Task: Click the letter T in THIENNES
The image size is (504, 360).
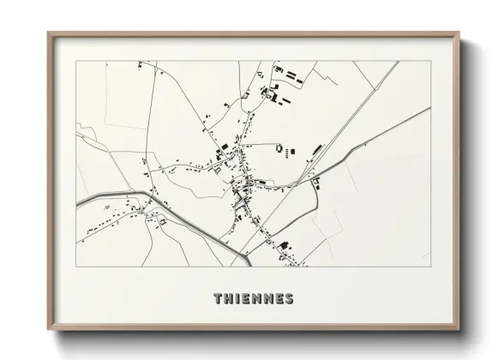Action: click(216, 299)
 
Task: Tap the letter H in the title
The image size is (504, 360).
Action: click(227, 299)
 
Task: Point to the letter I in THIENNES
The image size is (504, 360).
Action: click(236, 299)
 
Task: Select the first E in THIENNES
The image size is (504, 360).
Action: click(244, 299)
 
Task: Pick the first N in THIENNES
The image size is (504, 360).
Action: click(255, 299)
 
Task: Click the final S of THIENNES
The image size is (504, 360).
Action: click(290, 299)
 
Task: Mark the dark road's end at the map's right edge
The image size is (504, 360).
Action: click(428, 109)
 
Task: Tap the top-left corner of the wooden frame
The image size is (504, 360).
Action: click(48, 33)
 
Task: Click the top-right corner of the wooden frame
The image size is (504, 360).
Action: click(460, 33)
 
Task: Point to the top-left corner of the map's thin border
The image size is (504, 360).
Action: click(77, 62)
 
